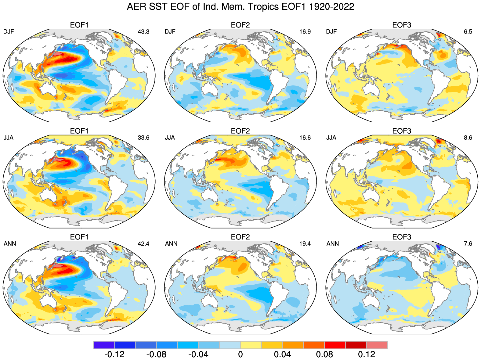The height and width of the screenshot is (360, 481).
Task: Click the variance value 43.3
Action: [143, 32]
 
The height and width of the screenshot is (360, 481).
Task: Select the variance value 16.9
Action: [305, 32]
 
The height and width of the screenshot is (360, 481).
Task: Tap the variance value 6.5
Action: [468, 32]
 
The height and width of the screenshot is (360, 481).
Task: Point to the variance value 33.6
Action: [143, 138]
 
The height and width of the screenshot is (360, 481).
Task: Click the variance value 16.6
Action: [305, 138]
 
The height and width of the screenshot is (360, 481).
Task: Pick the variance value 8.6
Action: [468, 138]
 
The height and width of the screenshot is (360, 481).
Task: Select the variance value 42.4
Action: [143, 244]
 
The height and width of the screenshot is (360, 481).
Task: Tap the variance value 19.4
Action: [305, 244]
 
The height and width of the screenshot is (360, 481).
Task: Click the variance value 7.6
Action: [468, 244]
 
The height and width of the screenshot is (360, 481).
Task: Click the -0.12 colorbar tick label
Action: [114, 355]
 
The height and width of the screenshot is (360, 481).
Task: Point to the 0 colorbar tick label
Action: [240, 355]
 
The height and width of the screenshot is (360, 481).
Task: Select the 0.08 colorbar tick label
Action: [324, 355]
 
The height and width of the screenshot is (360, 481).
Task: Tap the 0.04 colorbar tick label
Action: [282, 355]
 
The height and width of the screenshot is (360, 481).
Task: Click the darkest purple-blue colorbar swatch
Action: [104, 345]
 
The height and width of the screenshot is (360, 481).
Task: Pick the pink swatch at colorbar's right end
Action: [377, 345]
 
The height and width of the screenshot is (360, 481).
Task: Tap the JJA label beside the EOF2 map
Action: [170, 138]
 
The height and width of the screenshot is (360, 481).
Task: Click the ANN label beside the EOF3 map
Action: [333, 244]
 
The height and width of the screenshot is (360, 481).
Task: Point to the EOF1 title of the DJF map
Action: [79, 25]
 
